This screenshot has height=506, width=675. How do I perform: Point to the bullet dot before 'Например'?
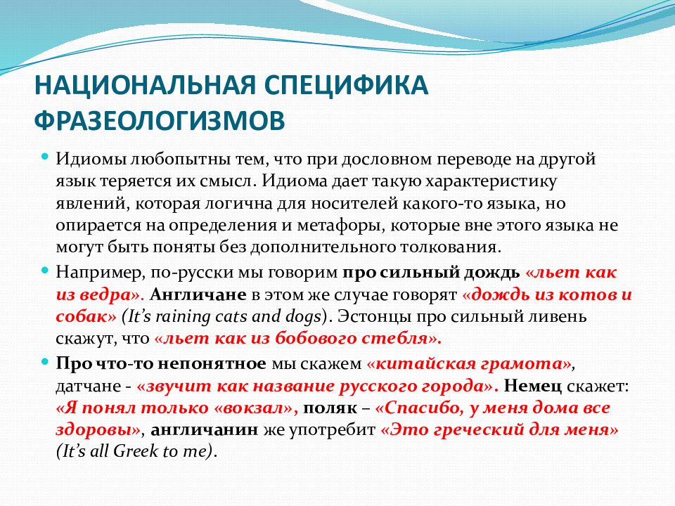click(45, 270)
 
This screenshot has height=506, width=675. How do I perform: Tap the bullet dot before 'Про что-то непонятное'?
click(45, 361)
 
